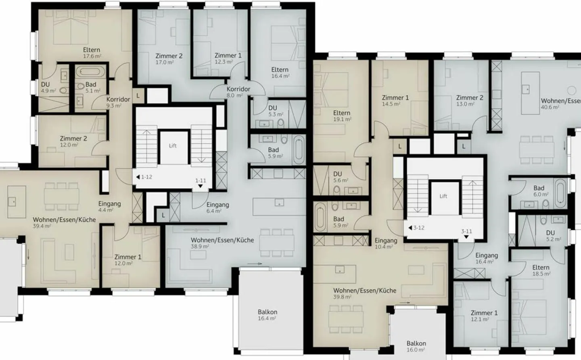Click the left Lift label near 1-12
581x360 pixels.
point(173,146)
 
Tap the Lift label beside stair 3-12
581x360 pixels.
point(443,196)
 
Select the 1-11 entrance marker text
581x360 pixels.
point(201,181)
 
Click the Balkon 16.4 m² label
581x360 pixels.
point(268,315)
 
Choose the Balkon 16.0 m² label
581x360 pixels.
point(416,346)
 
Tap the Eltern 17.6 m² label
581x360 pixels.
point(92,53)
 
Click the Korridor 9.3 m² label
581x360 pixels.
point(118,102)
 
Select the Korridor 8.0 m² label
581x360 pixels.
point(238,92)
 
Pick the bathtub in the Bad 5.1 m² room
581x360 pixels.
point(91,72)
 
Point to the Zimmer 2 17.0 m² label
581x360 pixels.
point(169,59)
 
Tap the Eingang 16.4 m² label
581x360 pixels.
point(486,258)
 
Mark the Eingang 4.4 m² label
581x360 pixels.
point(109,206)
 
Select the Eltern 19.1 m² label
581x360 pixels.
point(342,116)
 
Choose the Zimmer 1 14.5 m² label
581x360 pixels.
point(395,100)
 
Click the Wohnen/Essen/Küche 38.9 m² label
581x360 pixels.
point(222,243)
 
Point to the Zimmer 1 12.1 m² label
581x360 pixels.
point(484,316)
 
